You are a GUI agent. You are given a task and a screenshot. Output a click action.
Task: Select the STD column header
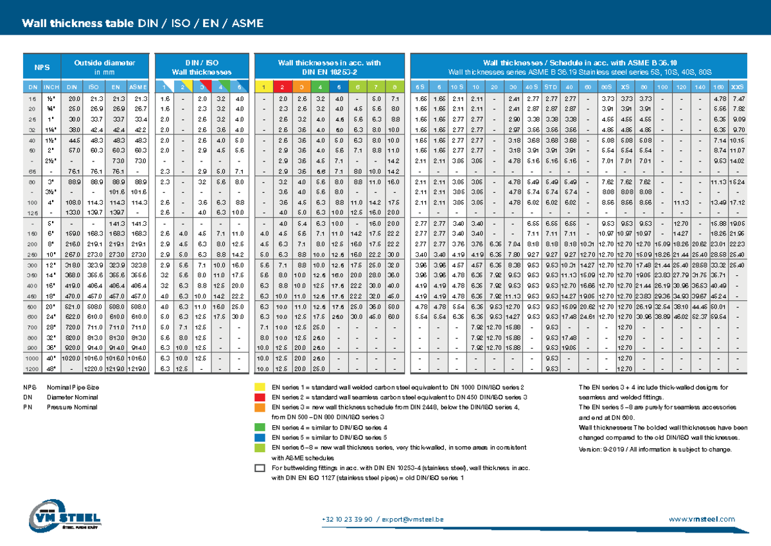pos(551,87)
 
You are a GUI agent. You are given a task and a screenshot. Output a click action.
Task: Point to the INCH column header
pos(52,87)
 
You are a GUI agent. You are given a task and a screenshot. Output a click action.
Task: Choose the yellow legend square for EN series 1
pos(260,388)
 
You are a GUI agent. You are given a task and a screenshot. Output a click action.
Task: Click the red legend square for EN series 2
pos(260,397)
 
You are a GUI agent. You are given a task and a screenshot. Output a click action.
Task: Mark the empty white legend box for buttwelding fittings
pos(260,468)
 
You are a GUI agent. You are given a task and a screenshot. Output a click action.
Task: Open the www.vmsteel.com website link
pos(702,519)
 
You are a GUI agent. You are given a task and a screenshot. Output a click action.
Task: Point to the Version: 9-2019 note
pos(655,449)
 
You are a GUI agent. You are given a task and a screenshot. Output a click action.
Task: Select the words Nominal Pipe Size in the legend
pos(73,388)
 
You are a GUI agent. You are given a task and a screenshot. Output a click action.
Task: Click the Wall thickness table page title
pos(143,24)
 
